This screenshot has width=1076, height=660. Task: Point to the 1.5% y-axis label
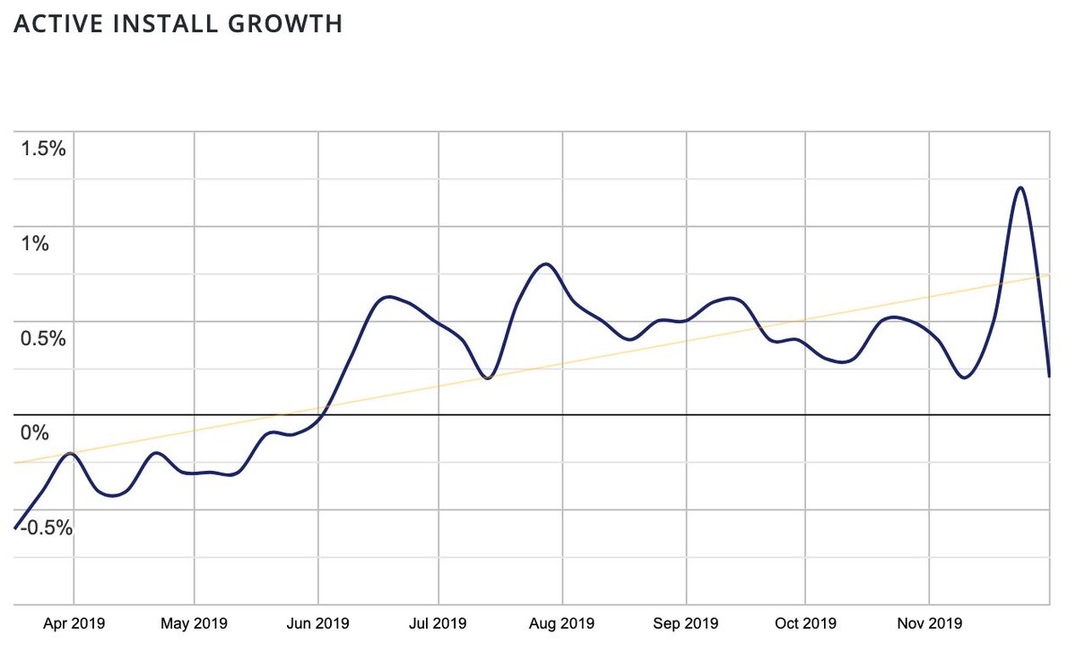point(43,149)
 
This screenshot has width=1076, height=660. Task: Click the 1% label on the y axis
point(35,244)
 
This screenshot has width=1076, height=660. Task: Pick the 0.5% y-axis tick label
point(43,339)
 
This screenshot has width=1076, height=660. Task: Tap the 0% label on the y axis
point(35,434)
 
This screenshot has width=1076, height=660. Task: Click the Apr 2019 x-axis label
point(74,623)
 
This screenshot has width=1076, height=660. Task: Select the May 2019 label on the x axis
point(194,623)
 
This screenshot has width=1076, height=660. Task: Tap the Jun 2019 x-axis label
point(317,623)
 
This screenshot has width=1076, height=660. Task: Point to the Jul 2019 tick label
point(438,623)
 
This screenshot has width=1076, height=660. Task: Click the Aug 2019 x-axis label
point(562,623)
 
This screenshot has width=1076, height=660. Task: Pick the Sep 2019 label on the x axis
point(686,623)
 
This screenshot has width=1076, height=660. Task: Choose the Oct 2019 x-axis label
point(805,623)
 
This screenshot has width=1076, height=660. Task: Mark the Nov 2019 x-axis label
point(930,623)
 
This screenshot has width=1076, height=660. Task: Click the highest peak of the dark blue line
point(1020,187)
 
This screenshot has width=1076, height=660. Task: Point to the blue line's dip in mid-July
point(487,378)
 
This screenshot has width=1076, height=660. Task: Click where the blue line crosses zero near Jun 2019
point(321,415)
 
